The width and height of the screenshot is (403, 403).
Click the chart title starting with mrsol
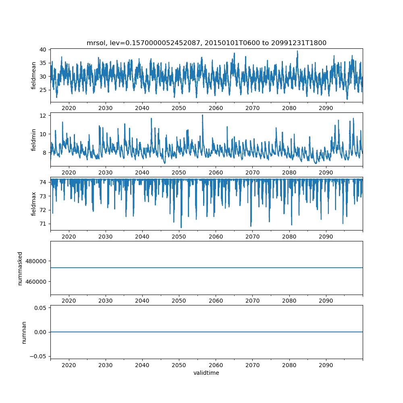[x=206, y=43]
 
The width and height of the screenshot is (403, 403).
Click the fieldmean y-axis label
[x=34, y=75]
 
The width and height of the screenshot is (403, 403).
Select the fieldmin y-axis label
[x=34, y=139]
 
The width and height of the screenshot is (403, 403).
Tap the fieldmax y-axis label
[x=34, y=204]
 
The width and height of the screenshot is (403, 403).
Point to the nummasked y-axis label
[x=20, y=268]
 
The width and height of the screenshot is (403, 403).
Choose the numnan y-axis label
[x=24, y=332]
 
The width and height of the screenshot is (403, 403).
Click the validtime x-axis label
[x=206, y=373]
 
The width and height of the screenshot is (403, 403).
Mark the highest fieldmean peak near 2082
[x=297, y=51]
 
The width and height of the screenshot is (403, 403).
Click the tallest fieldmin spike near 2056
[x=202, y=115]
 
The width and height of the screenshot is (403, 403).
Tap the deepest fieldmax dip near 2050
[x=181, y=227]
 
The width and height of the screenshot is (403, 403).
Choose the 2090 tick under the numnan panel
[x=326, y=365]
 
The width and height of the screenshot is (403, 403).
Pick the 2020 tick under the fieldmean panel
[x=69, y=108]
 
